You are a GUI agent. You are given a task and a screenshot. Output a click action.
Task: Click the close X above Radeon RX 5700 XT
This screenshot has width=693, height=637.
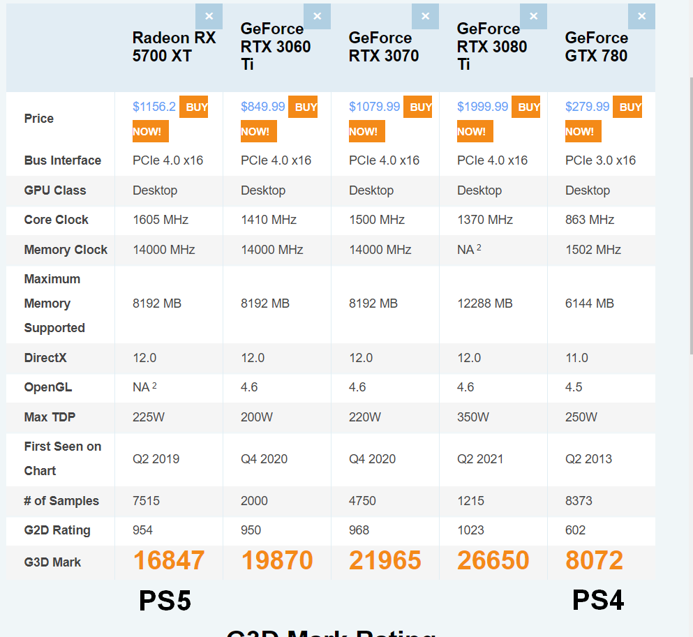point(209,16)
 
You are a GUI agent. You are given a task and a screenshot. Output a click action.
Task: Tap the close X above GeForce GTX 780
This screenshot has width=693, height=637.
point(641,16)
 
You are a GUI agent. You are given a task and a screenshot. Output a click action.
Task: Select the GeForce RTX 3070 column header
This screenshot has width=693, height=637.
point(384,47)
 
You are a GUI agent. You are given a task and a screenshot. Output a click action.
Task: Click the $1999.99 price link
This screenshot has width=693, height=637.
point(482,107)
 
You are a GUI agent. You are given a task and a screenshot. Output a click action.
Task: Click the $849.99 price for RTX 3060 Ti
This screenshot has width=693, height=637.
point(262,107)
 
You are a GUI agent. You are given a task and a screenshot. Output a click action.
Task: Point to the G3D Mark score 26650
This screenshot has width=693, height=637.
point(493,560)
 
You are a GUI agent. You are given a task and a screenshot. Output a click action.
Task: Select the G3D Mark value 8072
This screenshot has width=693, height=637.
point(594,560)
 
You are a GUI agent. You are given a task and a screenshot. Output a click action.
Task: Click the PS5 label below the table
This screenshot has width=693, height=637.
point(165,601)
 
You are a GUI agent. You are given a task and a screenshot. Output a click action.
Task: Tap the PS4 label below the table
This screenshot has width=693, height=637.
point(598,601)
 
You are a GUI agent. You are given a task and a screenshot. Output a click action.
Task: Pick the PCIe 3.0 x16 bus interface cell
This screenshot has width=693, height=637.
point(600,160)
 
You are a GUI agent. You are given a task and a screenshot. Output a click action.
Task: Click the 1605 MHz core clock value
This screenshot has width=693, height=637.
point(161,220)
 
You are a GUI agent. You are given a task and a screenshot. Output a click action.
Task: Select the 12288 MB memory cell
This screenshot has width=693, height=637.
point(484,303)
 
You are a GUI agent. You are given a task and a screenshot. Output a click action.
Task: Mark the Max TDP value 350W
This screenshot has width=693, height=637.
point(473,417)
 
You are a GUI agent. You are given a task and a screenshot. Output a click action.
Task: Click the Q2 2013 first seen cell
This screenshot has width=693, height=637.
point(588,459)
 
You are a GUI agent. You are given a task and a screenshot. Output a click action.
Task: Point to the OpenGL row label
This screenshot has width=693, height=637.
point(47,387)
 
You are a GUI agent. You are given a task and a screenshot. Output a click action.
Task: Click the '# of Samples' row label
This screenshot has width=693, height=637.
point(61,501)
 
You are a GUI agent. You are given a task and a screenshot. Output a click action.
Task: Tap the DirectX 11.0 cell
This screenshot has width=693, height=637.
point(576,358)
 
